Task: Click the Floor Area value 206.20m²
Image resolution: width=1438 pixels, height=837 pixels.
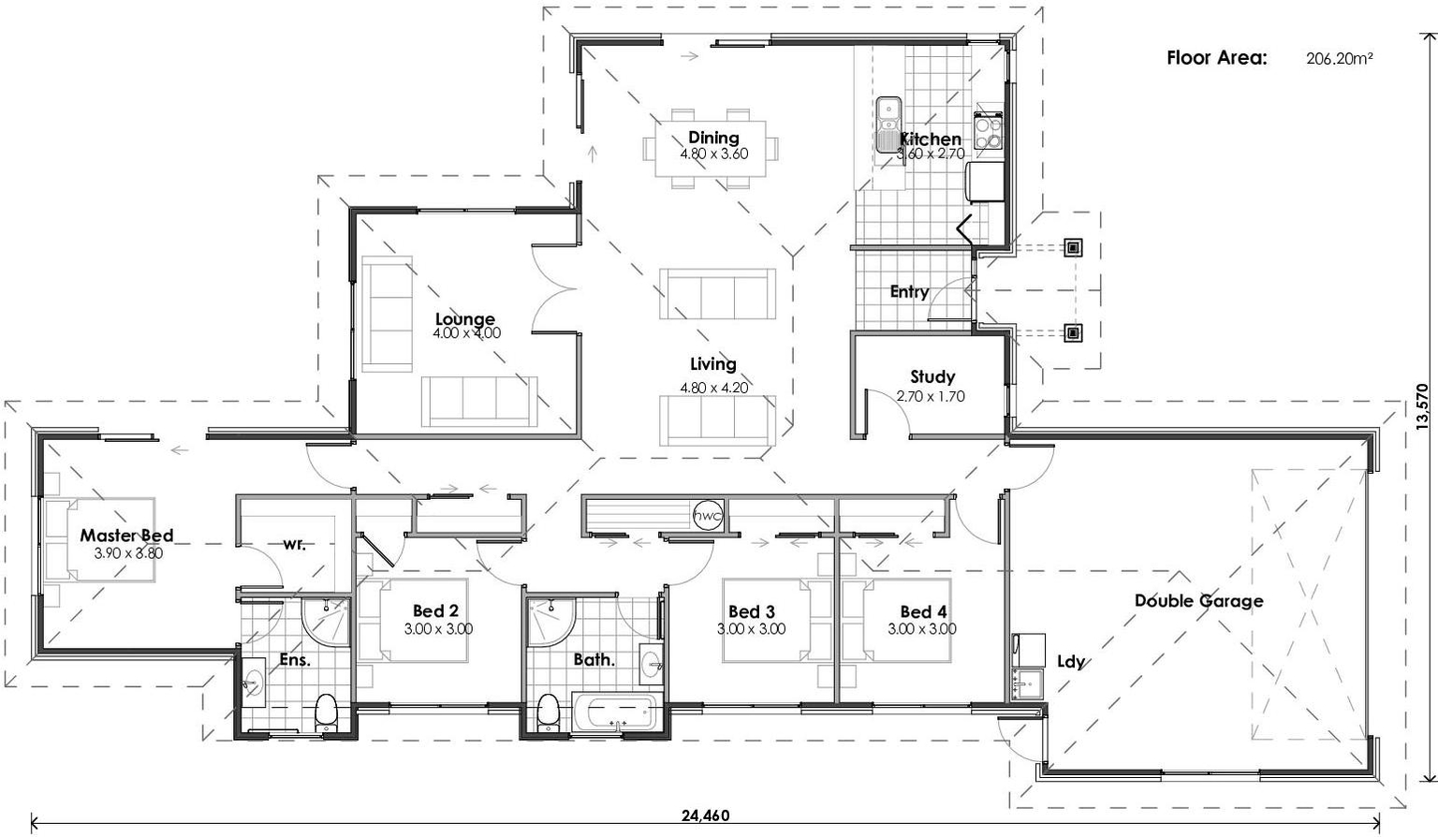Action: tap(1339, 58)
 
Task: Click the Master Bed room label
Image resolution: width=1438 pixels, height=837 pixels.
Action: tap(126, 536)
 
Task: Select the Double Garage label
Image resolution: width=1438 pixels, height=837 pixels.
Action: tap(1198, 601)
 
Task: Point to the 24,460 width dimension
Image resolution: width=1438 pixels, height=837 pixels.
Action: tap(705, 815)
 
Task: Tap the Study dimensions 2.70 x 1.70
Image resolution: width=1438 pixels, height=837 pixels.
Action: tap(931, 397)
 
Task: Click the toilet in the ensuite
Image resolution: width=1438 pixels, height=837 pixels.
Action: tap(326, 713)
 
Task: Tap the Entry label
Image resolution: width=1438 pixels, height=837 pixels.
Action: tap(909, 292)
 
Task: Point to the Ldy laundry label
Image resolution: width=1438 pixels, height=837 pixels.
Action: tap(1070, 662)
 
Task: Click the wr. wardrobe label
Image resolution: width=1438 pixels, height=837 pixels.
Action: tap(294, 544)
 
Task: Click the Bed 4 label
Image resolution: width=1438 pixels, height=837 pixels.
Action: tap(923, 612)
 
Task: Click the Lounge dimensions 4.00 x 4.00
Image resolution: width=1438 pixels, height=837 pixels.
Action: tap(466, 333)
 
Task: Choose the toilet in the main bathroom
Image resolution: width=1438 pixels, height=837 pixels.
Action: tap(549, 713)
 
